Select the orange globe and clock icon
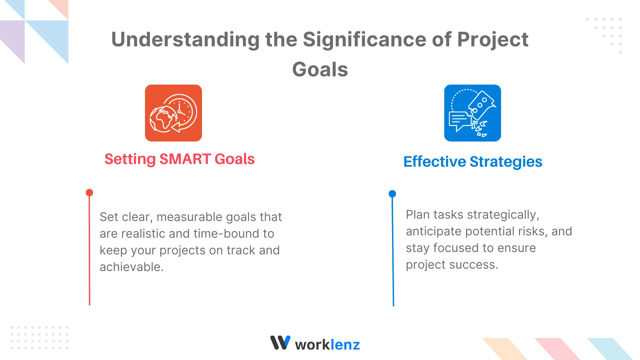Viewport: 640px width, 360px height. [173, 113]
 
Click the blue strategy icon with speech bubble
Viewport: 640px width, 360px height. [472, 113]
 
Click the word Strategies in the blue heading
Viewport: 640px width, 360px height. [506, 162]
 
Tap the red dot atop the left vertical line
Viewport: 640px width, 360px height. [89, 193]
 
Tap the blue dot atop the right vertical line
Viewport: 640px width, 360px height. [392, 194]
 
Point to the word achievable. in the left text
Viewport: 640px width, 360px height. [132, 267]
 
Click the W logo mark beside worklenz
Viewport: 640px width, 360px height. [280, 343]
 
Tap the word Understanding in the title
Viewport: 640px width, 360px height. [185, 39]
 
